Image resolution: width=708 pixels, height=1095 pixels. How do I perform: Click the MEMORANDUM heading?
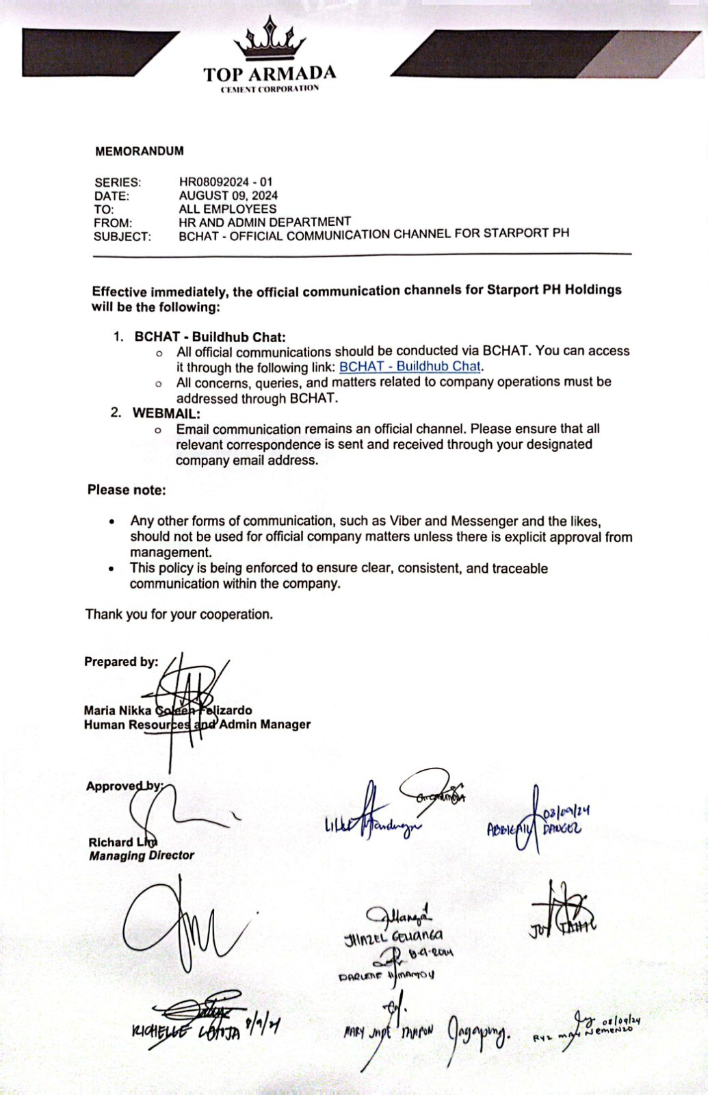140,151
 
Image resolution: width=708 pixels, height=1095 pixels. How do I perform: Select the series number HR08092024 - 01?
226,182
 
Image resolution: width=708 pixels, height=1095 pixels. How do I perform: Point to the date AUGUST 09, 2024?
228,196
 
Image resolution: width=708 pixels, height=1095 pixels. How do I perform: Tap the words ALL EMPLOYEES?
228,209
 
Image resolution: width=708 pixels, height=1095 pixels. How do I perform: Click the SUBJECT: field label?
122,237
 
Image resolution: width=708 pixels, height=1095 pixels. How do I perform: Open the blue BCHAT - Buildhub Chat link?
410,367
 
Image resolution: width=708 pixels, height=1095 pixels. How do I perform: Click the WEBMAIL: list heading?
166,413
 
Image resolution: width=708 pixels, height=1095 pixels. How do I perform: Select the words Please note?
127,490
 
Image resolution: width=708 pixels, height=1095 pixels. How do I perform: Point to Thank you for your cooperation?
179,615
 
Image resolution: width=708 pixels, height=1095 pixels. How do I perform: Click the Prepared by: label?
121,662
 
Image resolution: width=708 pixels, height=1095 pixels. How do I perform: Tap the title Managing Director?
142,855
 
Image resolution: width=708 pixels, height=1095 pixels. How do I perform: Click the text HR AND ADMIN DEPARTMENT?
265,222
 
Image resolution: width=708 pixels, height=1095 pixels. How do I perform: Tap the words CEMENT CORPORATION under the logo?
270,89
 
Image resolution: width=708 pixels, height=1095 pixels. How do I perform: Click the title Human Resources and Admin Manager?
197,724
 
